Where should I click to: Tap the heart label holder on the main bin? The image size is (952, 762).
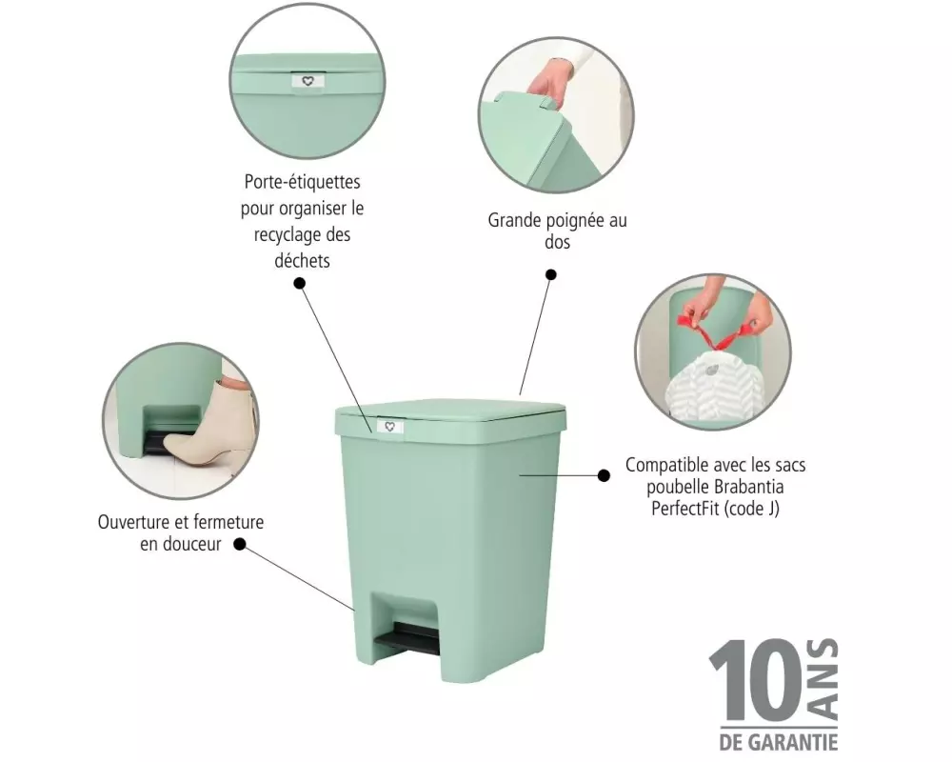(x=389, y=427)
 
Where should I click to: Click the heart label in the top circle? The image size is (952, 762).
(x=307, y=81)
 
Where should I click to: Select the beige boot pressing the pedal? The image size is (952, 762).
(x=208, y=426)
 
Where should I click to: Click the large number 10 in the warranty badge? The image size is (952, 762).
(x=756, y=680)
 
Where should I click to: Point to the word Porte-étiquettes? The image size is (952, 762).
(x=303, y=182)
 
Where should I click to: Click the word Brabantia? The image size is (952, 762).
(x=749, y=487)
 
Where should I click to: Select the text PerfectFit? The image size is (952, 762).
(x=682, y=508)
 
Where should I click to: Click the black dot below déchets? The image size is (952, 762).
(x=299, y=283)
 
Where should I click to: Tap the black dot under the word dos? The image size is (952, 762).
(x=550, y=274)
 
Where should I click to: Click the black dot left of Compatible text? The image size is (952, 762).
(x=604, y=475)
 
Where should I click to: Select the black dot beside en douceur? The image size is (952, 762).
(x=240, y=544)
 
